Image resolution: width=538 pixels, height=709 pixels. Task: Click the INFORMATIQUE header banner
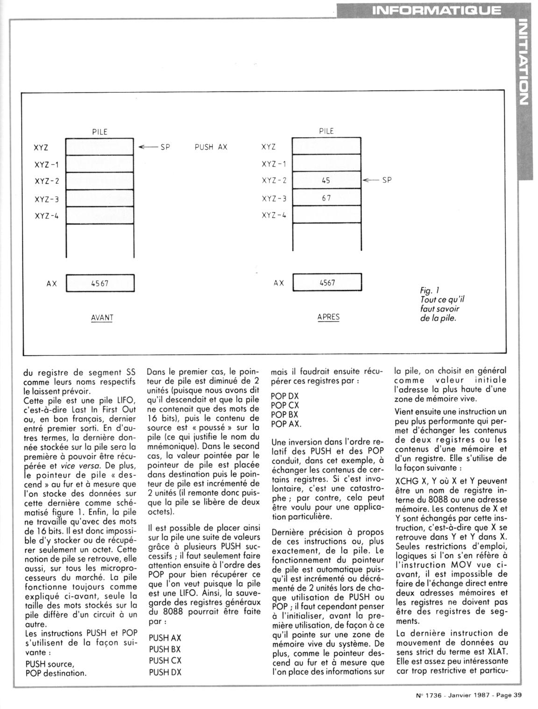(436, 10)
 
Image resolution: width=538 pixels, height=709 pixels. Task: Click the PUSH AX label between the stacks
(211, 147)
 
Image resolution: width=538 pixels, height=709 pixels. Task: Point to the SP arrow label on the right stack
(379, 180)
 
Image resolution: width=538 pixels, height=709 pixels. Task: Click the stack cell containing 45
(326, 181)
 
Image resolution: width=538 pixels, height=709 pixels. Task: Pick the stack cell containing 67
(326, 198)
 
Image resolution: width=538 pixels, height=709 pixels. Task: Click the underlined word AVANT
(102, 318)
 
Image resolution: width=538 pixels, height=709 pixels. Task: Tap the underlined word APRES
(328, 317)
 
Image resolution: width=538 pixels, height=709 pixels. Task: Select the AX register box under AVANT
(100, 283)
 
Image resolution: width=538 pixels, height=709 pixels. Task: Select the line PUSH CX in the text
(165, 660)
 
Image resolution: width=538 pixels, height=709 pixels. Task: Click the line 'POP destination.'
(56, 673)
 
